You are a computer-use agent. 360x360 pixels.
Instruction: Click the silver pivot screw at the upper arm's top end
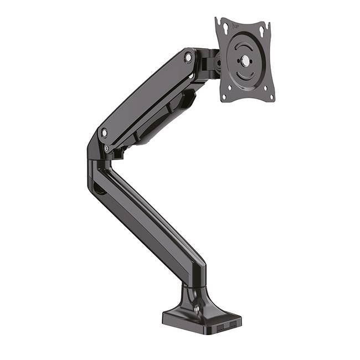pos(188,57)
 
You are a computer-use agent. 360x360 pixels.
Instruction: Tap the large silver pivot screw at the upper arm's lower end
pos(104,132)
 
